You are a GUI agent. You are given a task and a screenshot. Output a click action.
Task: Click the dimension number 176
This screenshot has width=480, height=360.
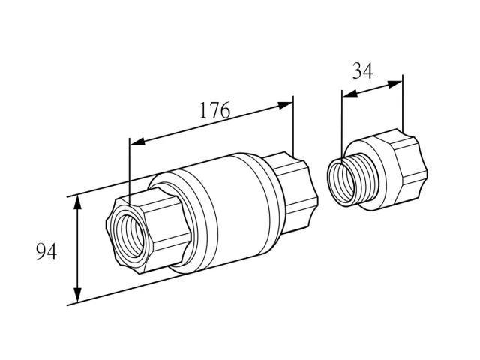point(214,110)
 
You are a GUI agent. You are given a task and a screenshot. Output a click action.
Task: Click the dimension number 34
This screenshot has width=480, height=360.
point(363,70)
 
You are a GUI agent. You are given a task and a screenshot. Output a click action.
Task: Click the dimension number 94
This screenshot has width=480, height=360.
point(46,252)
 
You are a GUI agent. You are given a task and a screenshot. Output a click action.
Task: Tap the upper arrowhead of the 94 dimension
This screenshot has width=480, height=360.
point(78,203)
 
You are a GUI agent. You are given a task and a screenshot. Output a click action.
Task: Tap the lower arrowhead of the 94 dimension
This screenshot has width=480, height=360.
point(78,295)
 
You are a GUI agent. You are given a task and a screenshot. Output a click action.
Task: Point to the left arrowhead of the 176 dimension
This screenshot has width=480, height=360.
point(138,141)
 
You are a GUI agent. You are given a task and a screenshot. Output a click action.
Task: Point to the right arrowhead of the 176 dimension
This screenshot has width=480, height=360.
point(285,105)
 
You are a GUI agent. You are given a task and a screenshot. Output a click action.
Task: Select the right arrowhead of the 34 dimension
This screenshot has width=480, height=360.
point(395,84)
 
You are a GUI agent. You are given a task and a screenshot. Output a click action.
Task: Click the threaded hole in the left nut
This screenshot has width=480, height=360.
point(128,235)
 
